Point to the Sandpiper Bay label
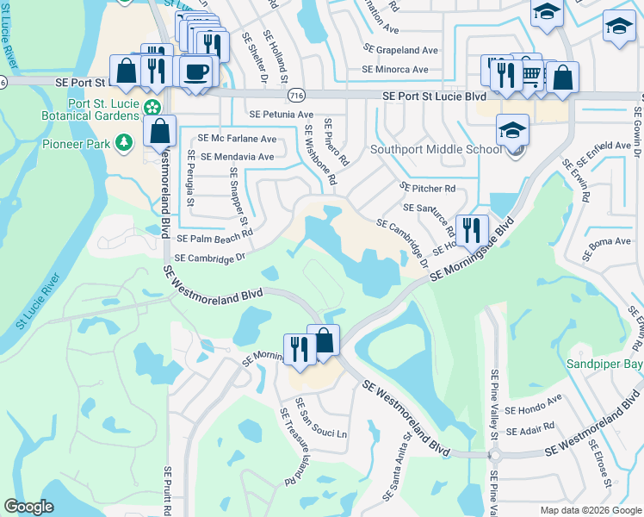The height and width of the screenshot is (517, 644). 604,364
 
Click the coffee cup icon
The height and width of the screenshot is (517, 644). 197,71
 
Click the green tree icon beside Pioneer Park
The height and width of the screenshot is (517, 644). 125,141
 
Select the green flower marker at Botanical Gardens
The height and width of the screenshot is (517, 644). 152,108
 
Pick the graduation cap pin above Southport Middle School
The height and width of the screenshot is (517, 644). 512,130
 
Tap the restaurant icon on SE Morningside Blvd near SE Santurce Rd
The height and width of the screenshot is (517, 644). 471,229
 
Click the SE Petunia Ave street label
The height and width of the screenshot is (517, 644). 281,115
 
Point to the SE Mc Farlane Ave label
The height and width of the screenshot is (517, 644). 237,138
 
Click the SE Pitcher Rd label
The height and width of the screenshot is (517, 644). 427,188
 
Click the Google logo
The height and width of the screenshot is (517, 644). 28,507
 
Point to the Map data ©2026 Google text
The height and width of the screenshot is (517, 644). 590,509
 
